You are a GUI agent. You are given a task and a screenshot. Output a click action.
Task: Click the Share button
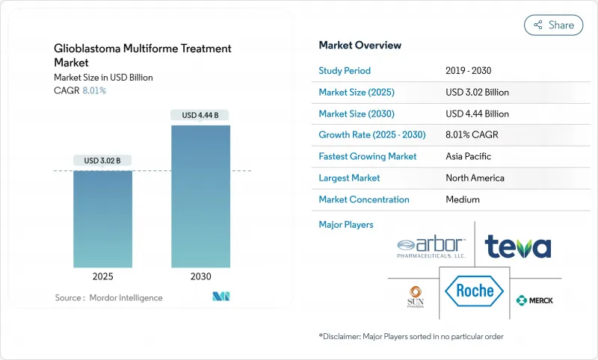[553, 25]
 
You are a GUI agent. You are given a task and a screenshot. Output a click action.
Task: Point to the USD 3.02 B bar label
[102, 161]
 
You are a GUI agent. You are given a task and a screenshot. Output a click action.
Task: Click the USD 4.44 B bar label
[200, 115]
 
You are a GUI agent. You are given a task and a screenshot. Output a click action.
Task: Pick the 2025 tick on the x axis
[102, 276]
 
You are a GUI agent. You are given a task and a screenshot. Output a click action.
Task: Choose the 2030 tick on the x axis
[200, 276]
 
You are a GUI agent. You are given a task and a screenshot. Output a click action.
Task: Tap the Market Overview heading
[360, 45]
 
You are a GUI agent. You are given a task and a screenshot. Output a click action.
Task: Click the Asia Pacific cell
[469, 157]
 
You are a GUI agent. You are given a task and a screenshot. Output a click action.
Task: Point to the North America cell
[475, 178]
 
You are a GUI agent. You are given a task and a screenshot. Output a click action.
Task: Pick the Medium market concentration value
[462, 199]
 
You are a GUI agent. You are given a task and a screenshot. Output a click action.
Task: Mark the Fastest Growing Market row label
[368, 157]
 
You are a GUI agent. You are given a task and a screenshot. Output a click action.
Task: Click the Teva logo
[517, 246]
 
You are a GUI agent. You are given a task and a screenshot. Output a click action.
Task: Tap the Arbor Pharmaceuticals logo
[432, 246]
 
